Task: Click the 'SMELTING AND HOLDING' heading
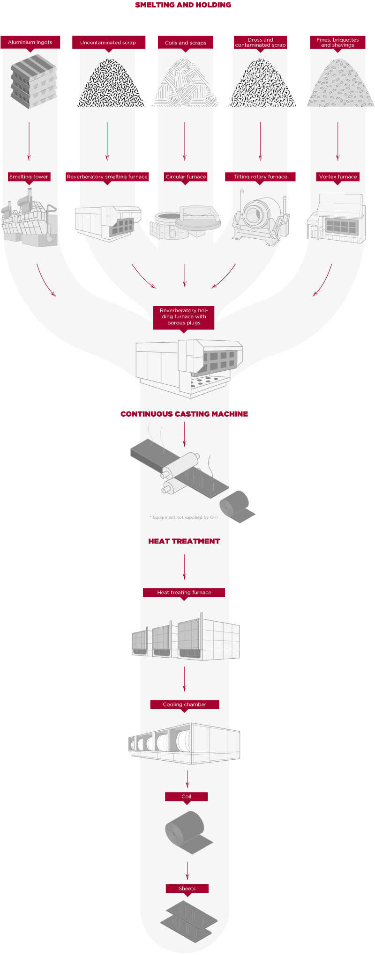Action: point(183,5)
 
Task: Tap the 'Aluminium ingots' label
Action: point(30,42)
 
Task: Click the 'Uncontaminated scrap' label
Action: point(108,43)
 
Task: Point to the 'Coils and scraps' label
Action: point(186,43)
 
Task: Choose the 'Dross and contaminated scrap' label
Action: point(260,43)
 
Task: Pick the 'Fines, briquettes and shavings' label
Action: point(337,43)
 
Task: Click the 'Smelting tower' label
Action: point(29,177)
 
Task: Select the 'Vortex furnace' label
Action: point(338,177)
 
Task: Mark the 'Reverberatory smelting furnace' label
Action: point(107,177)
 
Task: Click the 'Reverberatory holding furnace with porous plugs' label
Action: point(184,317)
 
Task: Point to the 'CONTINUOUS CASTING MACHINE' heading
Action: point(184,414)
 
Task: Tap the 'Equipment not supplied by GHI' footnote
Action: point(184,517)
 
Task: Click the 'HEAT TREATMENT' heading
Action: point(184,541)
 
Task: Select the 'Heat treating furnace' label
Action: point(184,593)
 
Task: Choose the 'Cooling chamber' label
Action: point(185,705)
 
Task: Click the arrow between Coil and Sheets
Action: point(187,870)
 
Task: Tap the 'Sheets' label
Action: point(187,889)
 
